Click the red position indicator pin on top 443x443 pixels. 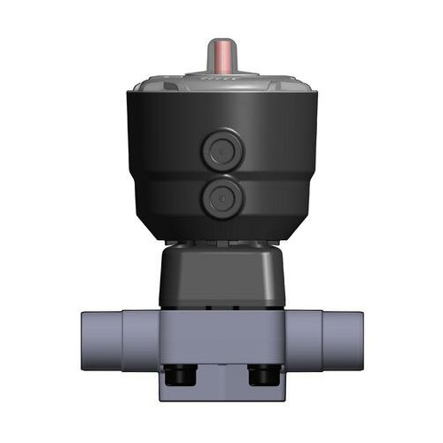(x=221, y=58)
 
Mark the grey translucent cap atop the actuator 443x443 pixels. (x=221, y=89)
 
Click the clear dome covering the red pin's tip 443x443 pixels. (x=221, y=43)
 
